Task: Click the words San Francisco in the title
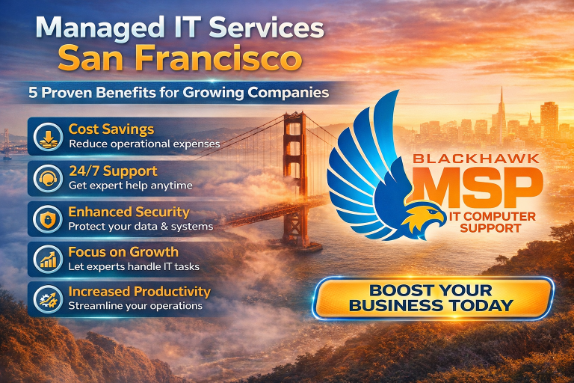coord(179,58)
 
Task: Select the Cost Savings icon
coord(47,135)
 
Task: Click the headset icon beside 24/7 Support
coord(47,177)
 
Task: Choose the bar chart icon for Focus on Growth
coord(47,258)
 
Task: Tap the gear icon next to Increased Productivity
coord(47,298)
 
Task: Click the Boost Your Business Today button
coord(432,298)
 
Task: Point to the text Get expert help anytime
coord(130,185)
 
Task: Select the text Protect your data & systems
coord(141,226)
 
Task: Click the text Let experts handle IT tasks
coord(134,266)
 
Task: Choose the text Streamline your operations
coord(135,306)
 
